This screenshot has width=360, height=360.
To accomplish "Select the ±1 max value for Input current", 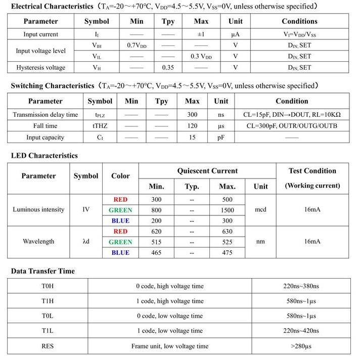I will (201, 34).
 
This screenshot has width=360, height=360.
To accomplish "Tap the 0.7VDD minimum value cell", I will (137, 46).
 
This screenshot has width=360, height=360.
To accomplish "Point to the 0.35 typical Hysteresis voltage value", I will (168, 67).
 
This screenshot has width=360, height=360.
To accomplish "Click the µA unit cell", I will (235, 34).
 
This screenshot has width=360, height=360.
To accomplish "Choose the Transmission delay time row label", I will (46, 115).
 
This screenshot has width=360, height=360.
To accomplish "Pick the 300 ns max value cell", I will (192, 115).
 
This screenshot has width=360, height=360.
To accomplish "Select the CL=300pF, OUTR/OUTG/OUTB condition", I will (292, 126).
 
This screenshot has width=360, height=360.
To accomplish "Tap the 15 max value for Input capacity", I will (192, 137).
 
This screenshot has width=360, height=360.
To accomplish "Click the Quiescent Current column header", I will (207, 171).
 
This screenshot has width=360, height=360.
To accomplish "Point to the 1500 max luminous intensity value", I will (227, 210).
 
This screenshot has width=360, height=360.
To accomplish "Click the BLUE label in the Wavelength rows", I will (120, 253).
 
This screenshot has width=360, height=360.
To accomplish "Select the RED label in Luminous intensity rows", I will (120, 199).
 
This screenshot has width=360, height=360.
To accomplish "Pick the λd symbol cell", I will (86, 242).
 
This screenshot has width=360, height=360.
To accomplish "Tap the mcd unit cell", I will (260, 210).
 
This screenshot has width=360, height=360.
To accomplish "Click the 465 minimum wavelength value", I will (156, 253).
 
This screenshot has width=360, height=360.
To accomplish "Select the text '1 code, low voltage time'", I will (169, 331).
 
